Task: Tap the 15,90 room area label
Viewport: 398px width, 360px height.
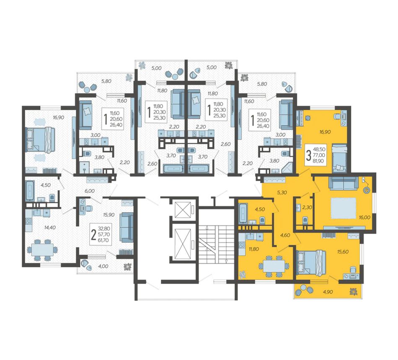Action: click(x=109, y=215)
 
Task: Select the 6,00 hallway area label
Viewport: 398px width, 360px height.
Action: click(x=90, y=191)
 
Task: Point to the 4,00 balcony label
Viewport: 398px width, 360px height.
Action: click(x=103, y=266)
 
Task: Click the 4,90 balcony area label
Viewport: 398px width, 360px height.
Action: click(x=328, y=292)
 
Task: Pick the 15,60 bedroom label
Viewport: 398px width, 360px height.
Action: click(x=343, y=252)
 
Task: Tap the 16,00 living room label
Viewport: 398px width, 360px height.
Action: click(x=364, y=218)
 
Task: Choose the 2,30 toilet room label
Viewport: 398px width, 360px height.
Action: click(x=307, y=207)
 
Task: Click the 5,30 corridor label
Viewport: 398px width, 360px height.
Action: click(x=282, y=192)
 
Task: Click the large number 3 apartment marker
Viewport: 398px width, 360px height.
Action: click(x=308, y=155)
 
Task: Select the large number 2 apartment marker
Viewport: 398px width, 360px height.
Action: click(x=94, y=235)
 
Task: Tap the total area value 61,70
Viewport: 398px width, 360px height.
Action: click(x=104, y=240)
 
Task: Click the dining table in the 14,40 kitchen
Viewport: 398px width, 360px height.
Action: click(x=42, y=250)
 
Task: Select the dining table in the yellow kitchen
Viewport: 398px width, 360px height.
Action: click(x=274, y=266)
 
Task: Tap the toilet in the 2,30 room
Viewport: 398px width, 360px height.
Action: click(x=305, y=220)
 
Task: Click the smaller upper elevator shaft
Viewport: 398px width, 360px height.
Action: click(x=183, y=210)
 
